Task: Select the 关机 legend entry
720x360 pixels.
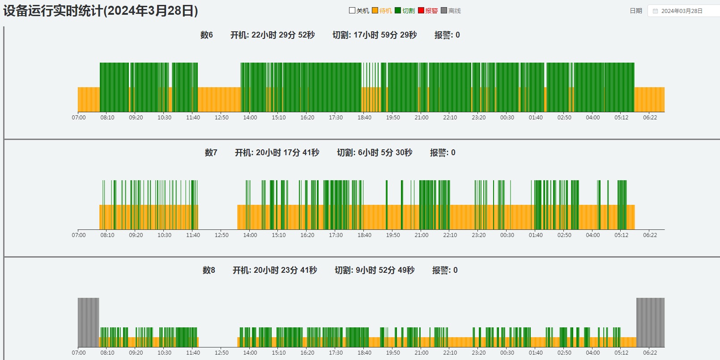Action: click(359, 11)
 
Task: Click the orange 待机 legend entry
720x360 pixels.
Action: click(382, 11)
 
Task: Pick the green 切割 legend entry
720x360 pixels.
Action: click(405, 11)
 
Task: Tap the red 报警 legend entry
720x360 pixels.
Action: click(428, 11)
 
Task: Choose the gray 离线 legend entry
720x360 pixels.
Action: click(451, 11)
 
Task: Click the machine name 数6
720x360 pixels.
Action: click(207, 35)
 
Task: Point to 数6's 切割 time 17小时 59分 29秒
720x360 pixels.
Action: click(375, 35)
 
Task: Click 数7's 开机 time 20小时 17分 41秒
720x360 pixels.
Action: click(277, 152)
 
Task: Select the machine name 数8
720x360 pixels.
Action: click(209, 270)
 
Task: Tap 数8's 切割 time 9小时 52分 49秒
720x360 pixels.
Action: click(375, 270)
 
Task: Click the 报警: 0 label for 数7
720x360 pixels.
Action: click(443, 152)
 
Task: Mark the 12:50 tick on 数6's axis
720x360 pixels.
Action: click(222, 118)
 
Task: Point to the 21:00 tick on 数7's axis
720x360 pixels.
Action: click(422, 235)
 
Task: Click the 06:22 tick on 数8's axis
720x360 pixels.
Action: click(650, 353)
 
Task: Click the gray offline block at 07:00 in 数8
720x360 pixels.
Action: click(88, 322)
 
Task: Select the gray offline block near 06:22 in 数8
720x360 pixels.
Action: click(650, 322)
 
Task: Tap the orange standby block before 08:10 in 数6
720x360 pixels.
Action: click(89, 99)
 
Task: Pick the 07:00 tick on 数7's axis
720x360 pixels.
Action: click(79, 235)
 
